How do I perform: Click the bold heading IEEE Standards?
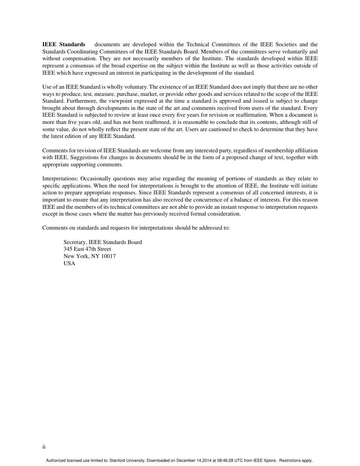tap(64, 45)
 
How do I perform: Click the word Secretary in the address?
tap(75, 242)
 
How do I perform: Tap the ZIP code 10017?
tap(108, 256)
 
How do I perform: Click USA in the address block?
tap(69, 263)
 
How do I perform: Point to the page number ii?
tap(44, 447)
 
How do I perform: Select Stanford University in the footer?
tap(127, 461)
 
